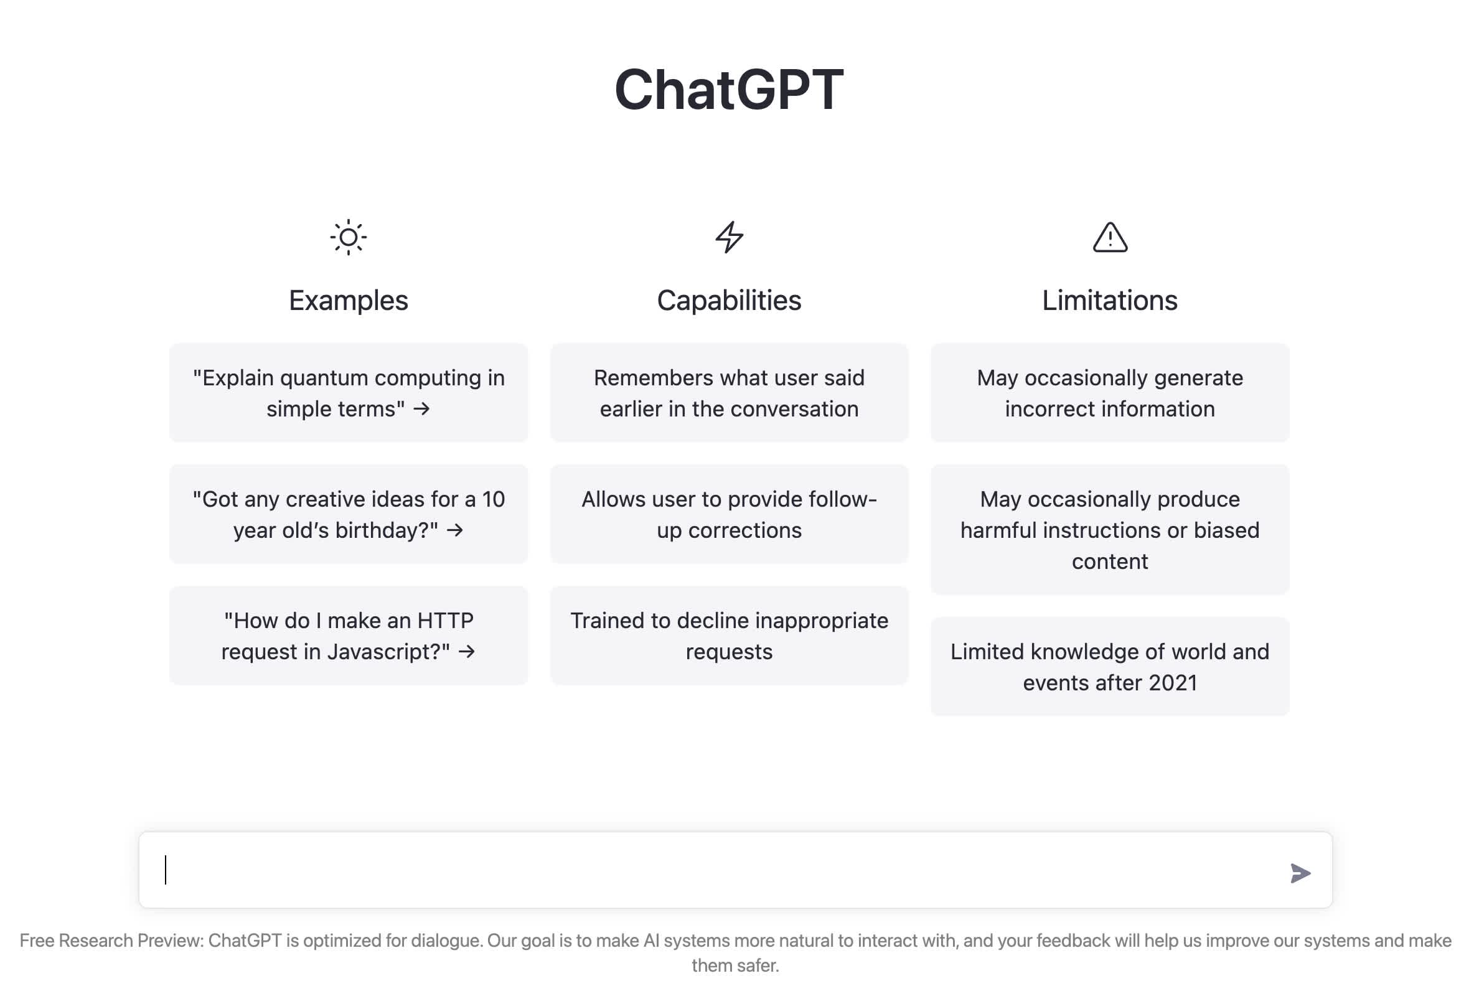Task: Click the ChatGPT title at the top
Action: [x=729, y=90]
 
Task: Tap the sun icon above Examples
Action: [x=348, y=237]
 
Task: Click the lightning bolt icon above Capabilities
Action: [x=730, y=237]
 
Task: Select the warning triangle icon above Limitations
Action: [x=1110, y=237]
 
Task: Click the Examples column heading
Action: [x=348, y=301]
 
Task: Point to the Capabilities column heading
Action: [x=730, y=301]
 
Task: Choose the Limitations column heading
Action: [x=1110, y=301]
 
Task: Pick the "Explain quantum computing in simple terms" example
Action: [x=348, y=393]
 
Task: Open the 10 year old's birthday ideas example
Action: [x=348, y=514]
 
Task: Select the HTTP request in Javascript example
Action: [x=348, y=635]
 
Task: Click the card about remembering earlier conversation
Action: [x=730, y=393]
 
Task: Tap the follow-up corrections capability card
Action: [x=730, y=514]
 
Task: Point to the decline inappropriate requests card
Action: [x=730, y=635]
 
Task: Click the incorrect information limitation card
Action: [x=1110, y=393]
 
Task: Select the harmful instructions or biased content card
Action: [x=1110, y=529]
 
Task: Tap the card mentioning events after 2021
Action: [x=1110, y=666]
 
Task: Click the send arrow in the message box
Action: [x=1300, y=873]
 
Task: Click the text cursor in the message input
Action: [x=166, y=870]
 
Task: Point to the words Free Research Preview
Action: [x=110, y=940]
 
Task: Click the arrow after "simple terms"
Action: [x=422, y=409]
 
